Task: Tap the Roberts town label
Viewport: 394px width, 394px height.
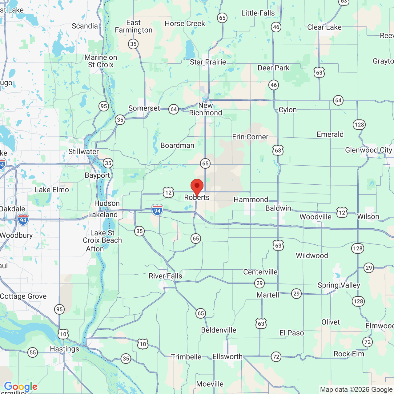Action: [197, 198]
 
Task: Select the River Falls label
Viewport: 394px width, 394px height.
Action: [165, 276]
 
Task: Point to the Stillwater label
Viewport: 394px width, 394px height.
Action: [83, 152]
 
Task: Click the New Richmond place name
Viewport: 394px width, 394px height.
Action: [205, 109]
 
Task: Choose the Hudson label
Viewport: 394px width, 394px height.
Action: [107, 203]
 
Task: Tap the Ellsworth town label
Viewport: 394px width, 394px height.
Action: [227, 357]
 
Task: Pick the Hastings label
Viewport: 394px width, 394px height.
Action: [64, 349]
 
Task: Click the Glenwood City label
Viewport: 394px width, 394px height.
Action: [368, 150]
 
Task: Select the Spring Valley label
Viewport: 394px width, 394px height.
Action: [339, 285]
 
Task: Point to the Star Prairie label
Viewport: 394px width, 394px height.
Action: [208, 62]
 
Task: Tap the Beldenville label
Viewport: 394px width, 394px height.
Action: [219, 330]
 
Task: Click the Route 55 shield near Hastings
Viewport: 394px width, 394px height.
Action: [33, 352]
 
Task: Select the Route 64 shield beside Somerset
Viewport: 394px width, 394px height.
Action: [174, 109]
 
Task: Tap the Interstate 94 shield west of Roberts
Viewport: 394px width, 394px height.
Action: [157, 211]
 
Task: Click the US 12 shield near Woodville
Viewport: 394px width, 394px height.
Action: [342, 213]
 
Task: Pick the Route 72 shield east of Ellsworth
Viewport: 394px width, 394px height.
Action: [276, 357]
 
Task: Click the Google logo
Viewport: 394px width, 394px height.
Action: [21, 387]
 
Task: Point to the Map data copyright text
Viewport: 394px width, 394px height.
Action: [356, 390]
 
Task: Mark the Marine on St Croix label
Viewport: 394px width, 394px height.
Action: [101, 61]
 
